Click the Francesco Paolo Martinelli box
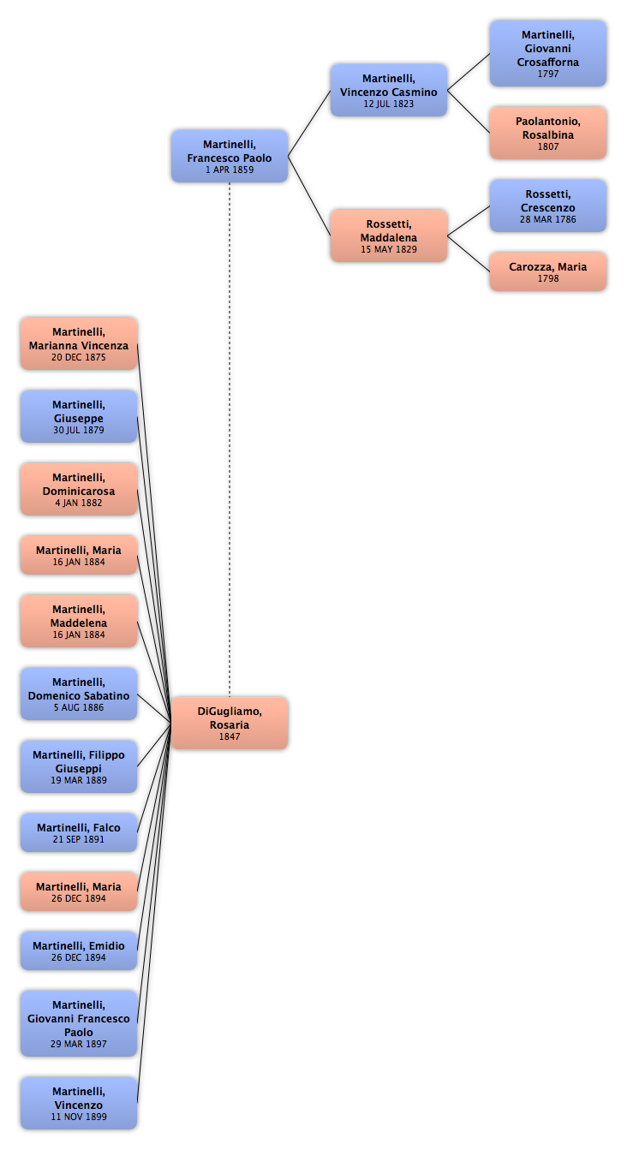click(230, 156)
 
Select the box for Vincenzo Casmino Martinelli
click(389, 91)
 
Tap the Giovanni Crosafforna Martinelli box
click(548, 53)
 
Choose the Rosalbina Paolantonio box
click(548, 133)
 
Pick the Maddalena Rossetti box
click(389, 235)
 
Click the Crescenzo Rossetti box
click(548, 206)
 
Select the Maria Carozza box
click(548, 271)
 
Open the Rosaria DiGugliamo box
click(230, 724)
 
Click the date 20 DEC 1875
click(79, 357)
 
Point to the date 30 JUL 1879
click(79, 430)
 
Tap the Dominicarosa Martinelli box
click(79, 489)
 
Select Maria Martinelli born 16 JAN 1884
click(79, 555)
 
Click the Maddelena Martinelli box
click(79, 621)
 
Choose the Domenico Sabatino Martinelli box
click(79, 694)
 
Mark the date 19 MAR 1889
click(79, 780)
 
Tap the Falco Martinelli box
click(79, 832)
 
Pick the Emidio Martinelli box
click(79, 950)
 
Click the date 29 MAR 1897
click(79, 1044)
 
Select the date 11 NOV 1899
click(79, 1117)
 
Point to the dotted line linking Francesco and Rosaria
click(230, 439)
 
